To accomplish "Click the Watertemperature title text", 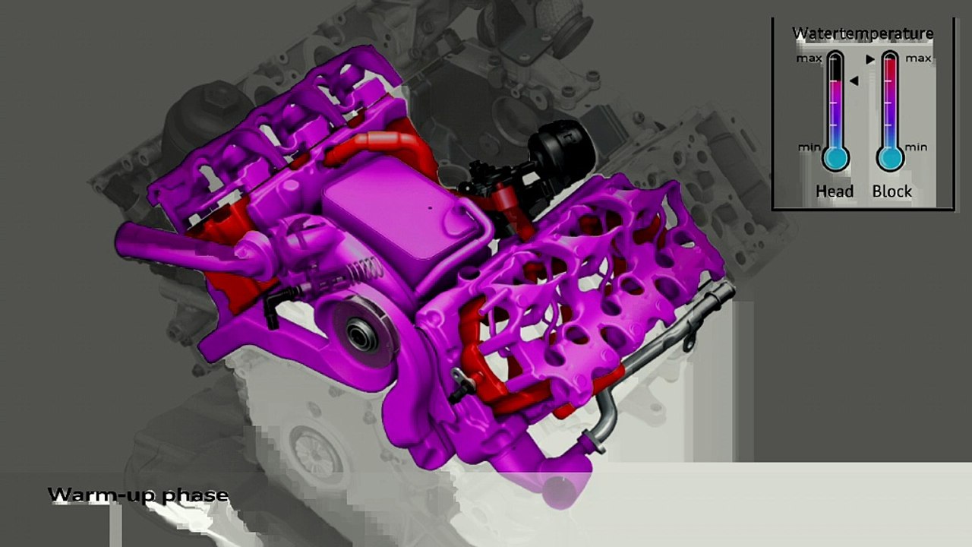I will coord(863,33).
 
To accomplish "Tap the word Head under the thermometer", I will coord(835,191).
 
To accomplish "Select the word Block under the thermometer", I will coord(892,191).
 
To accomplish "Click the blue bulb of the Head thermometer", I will coord(835,158).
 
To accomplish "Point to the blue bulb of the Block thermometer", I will coord(890,158).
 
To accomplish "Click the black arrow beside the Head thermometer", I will coord(854,81).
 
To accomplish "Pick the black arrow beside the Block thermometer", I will coord(871,58).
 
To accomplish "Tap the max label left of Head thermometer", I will coord(809,58).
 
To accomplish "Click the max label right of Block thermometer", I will coord(918,58).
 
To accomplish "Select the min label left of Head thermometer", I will coord(809,147).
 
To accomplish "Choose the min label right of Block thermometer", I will coord(916,147).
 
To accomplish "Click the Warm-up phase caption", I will coord(137,495).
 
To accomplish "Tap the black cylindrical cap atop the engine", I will coord(558,144).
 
